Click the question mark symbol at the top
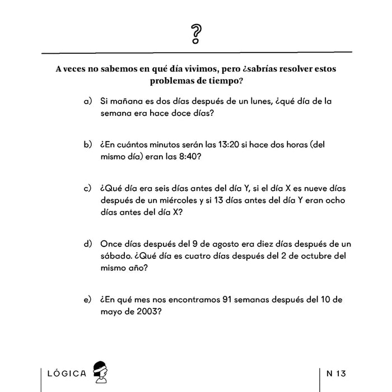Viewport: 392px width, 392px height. pyautogui.click(x=195, y=35)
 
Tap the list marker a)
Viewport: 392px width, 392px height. pyautogui.click(x=87, y=102)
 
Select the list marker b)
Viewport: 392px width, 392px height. pyautogui.click(x=87, y=145)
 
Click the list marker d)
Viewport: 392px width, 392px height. pyautogui.click(x=87, y=245)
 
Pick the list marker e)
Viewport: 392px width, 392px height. pyautogui.click(x=87, y=300)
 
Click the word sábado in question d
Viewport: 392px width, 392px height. pyautogui.click(x=117, y=256)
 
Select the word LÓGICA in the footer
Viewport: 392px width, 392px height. pyautogui.click(x=67, y=373)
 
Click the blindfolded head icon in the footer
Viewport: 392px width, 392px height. pyautogui.click(x=100, y=371)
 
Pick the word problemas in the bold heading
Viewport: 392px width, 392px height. pyautogui.click(x=174, y=81)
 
